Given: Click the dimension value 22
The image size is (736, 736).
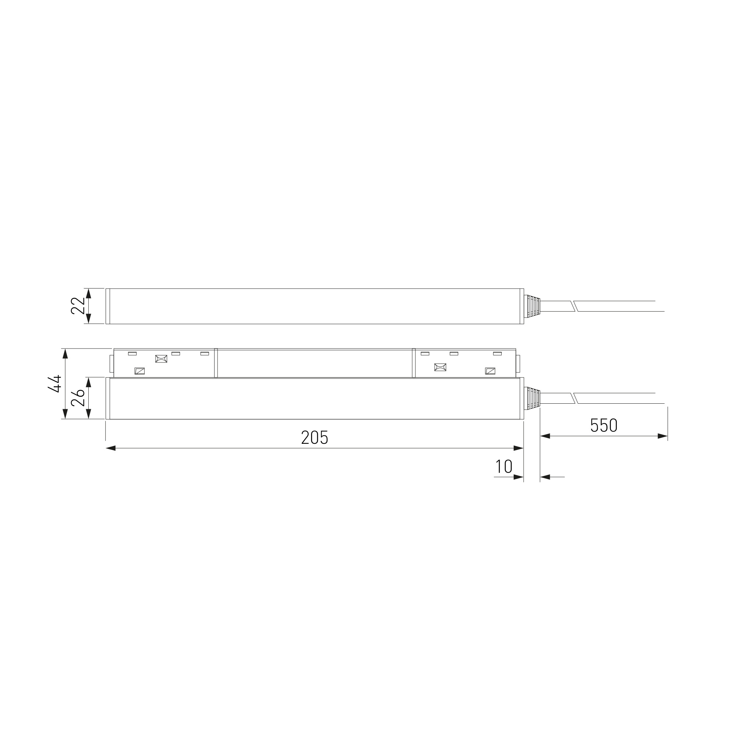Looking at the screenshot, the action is [x=78, y=306].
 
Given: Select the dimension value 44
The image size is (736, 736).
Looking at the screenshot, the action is [x=54, y=384].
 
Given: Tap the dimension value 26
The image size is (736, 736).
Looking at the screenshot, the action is [x=78, y=398].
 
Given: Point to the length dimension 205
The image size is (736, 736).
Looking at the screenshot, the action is [x=315, y=438].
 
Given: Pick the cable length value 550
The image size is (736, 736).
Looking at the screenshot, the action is [x=604, y=425].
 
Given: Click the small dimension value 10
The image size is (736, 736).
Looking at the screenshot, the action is [x=504, y=466].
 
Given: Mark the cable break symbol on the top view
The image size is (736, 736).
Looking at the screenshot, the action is [x=574, y=306].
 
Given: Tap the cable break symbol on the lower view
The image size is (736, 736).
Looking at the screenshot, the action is [x=574, y=399].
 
